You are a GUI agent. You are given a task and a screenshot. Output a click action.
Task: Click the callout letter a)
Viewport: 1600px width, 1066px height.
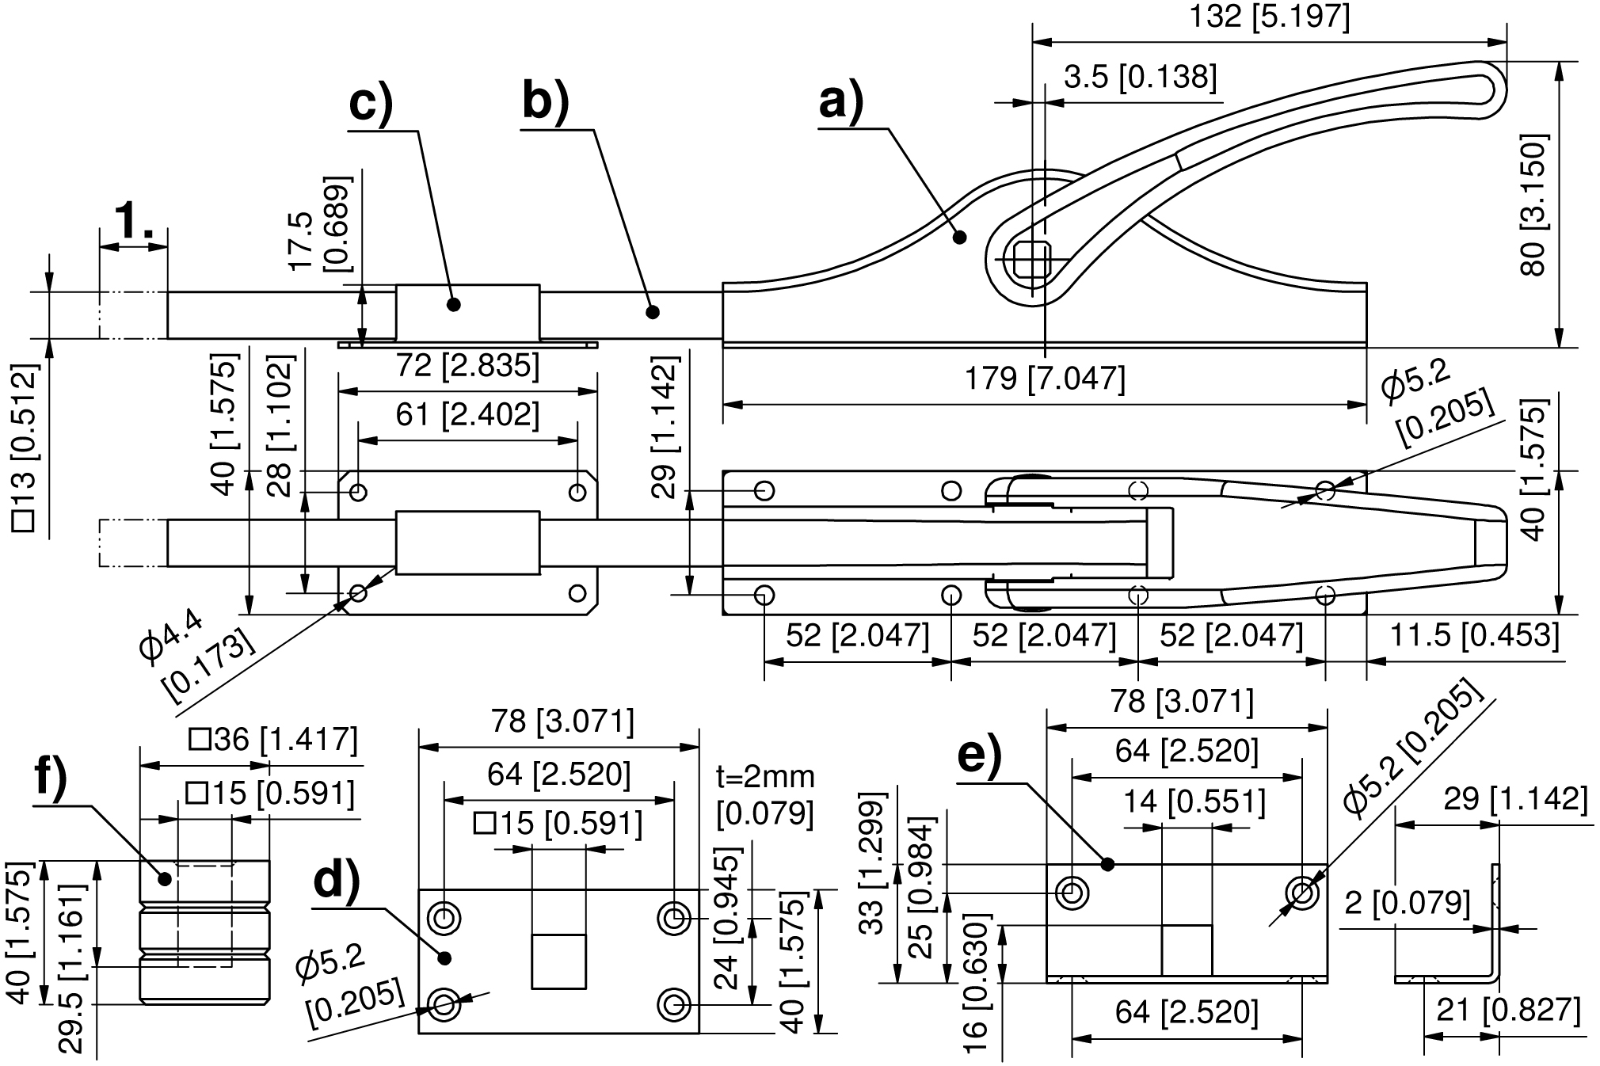pyautogui.click(x=840, y=101)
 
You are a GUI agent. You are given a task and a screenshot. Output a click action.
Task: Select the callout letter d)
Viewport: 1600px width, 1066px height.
pyautogui.click(x=337, y=881)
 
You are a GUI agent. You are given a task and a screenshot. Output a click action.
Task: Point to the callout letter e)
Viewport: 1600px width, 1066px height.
pyautogui.click(x=980, y=756)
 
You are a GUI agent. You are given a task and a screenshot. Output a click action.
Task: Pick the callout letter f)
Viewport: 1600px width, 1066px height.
pyautogui.click(x=51, y=779)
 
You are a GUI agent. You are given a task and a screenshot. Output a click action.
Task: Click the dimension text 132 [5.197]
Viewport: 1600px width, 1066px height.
pyautogui.click(x=1269, y=17)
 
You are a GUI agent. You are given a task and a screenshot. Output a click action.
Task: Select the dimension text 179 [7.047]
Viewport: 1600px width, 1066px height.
pyautogui.click(x=1045, y=379)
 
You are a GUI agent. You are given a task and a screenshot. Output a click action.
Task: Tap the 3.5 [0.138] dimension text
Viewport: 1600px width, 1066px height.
pyautogui.click(x=1140, y=78)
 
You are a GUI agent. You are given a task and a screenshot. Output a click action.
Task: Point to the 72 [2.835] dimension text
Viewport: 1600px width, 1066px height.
pyautogui.click(x=467, y=365)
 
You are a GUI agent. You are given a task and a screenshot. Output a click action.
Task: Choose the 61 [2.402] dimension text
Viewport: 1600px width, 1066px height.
pyautogui.click(x=467, y=414)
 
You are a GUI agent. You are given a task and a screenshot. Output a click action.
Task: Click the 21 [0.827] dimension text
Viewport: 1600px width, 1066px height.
pyautogui.click(x=1508, y=1011)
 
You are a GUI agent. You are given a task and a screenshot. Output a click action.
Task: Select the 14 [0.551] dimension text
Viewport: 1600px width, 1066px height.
pyautogui.click(x=1194, y=803)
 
